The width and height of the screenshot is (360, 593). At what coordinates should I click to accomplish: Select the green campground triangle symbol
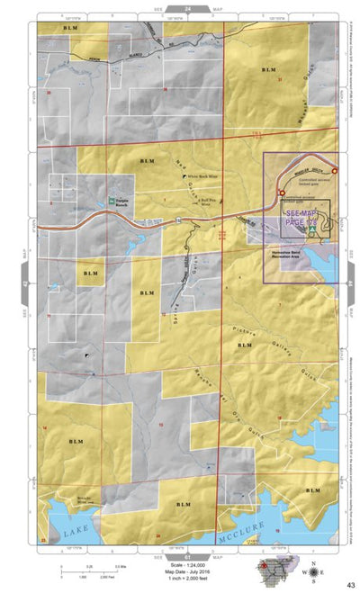click(x=311, y=230)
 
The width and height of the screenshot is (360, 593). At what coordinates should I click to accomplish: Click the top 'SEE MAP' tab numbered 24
click(x=187, y=9)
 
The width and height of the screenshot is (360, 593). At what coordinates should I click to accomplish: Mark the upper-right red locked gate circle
click(x=334, y=170)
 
